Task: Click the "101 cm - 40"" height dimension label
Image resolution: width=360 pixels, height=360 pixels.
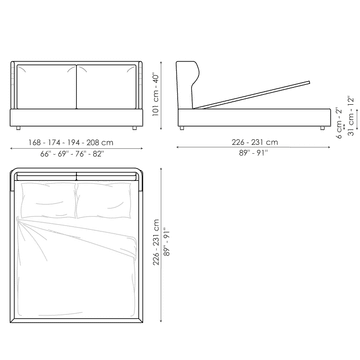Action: tap(156, 94)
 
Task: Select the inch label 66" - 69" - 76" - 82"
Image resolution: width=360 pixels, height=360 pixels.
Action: tap(72, 154)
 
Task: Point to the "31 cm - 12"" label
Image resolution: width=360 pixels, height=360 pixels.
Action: tap(350, 116)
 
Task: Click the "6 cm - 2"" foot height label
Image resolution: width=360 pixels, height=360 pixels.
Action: tap(339, 123)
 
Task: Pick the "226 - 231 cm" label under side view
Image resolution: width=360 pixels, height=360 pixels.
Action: tap(255, 142)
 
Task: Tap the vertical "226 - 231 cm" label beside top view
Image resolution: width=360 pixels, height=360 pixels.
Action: tap(156, 242)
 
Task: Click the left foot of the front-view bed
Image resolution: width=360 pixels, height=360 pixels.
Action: tap(18, 128)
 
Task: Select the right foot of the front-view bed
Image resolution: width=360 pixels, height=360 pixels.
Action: tap(134, 128)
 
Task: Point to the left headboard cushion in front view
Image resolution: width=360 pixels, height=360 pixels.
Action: tap(46, 87)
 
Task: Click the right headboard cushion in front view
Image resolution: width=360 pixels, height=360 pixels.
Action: tap(107, 87)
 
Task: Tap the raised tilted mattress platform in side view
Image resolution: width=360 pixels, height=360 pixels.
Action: tap(252, 95)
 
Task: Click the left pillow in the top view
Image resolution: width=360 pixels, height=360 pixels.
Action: tap(48, 200)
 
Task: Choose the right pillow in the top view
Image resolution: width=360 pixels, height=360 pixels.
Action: tap(104, 200)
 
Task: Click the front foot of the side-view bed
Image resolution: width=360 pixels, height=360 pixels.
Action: tap(322, 128)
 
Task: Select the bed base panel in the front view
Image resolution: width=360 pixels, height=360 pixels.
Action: tap(76, 117)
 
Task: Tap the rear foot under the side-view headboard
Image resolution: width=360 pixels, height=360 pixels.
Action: tap(182, 128)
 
